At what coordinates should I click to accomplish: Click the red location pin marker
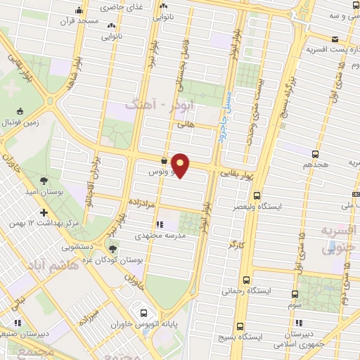click(x=181, y=165)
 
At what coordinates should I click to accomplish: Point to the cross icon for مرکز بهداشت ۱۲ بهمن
click(x=44, y=212)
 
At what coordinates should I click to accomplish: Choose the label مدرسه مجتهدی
click(x=165, y=236)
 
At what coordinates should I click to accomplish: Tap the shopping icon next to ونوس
click(x=163, y=160)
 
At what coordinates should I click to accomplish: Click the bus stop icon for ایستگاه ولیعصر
click(x=257, y=196)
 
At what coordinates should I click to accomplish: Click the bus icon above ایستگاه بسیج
click(x=240, y=327)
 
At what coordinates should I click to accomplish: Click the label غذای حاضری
click(x=118, y=6)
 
